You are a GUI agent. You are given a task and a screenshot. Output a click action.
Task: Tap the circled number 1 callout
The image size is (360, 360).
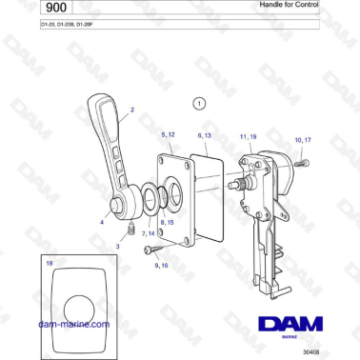[198, 101]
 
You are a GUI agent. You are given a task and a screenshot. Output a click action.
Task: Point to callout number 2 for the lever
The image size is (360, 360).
[131, 111]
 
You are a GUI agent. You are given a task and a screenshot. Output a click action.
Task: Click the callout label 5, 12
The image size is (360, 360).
[168, 135]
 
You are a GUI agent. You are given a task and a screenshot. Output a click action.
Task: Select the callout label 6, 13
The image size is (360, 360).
[204, 135]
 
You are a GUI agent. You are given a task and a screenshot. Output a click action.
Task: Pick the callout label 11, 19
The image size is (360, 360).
[249, 137]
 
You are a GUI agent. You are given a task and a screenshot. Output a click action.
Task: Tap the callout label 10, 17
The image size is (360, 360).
[303, 141]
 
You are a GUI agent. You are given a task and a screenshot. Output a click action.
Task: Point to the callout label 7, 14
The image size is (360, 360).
[149, 232]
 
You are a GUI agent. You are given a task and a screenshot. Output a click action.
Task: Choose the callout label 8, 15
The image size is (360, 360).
[167, 222]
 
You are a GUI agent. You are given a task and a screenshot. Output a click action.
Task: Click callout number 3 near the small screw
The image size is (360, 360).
[117, 246]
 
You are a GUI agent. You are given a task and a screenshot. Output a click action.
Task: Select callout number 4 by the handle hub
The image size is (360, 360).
[102, 222]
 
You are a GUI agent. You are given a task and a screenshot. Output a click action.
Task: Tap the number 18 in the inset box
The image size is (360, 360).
[49, 260]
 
